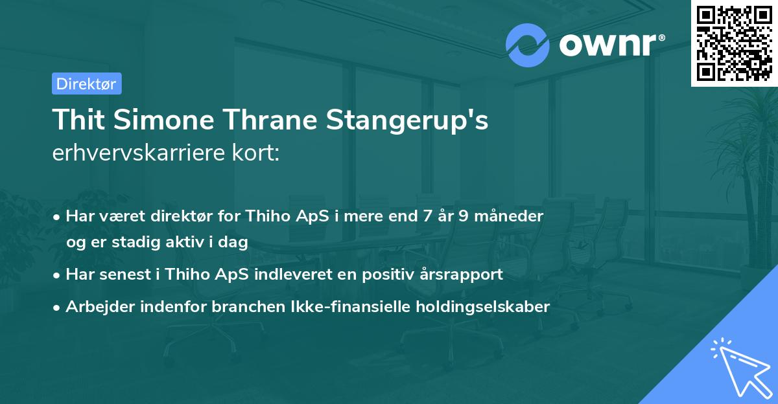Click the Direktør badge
86,84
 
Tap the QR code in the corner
734,43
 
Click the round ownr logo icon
528,45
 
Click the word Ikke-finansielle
338,306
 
